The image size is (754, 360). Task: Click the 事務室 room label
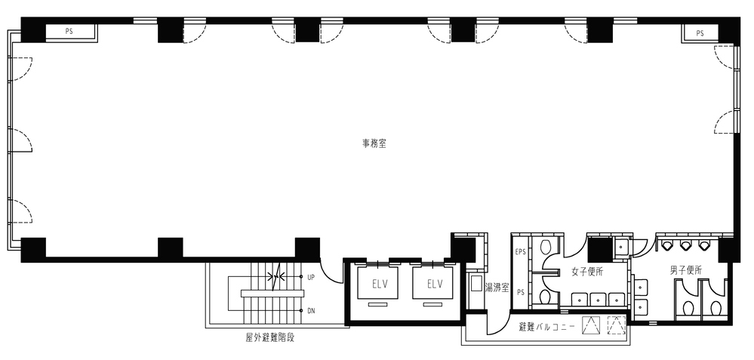tap(374, 143)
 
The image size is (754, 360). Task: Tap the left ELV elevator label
tap(380, 284)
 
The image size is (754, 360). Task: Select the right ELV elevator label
tap(434, 284)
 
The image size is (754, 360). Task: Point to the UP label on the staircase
tap(311, 277)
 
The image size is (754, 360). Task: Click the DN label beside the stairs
tap(311, 311)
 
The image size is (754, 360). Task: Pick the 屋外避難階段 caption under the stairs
tap(269, 337)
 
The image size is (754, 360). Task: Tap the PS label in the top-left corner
tap(69, 32)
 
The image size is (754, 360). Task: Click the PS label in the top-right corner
tap(700, 33)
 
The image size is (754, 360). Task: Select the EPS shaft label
tap(520, 251)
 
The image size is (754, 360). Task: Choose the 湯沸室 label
tap(497, 288)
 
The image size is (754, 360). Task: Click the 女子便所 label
tap(587, 272)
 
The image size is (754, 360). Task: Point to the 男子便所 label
tap(686, 270)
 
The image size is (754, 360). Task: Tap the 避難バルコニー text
tap(546, 328)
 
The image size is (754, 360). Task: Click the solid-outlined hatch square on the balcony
tap(592, 325)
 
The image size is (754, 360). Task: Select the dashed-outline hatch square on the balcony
tap(616, 325)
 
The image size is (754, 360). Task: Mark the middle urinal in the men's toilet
tap(685, 245)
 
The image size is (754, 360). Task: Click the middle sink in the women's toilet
tap(598, 299)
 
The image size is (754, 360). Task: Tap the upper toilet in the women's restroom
tap(545, 247)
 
